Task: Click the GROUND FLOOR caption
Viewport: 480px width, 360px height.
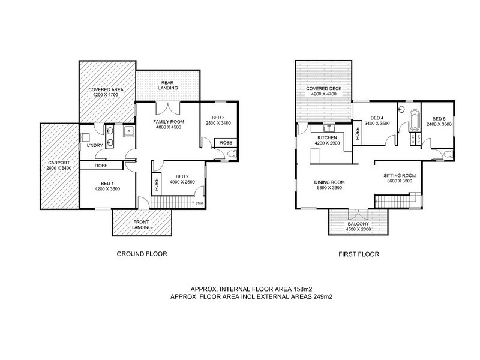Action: click(141, 254)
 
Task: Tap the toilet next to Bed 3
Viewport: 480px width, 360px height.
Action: click(232, 154)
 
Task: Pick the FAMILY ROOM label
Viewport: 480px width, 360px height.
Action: click(169, 122)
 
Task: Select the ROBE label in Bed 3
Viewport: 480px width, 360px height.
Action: click(226, 143)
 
